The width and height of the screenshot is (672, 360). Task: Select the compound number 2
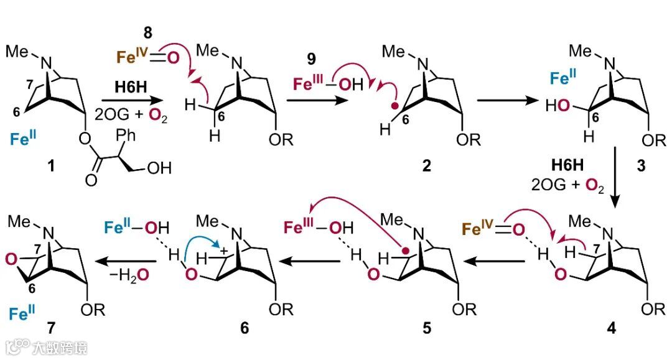(x=426, y=167)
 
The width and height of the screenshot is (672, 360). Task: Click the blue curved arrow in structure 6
(x=199, y=243)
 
